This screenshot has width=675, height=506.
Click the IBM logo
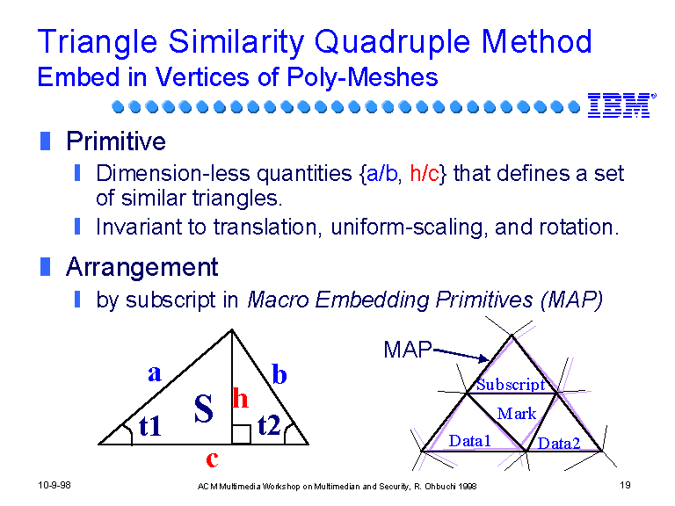coord(621,105)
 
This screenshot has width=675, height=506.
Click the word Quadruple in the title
coord(393,42)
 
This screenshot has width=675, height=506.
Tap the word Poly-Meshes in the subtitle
coord(362,77)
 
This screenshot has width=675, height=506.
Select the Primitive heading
coord(116,141)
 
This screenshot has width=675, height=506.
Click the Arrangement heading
coord(142,267)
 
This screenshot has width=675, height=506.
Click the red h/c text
coord(425,173)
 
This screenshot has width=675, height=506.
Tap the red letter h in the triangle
coord(240,398)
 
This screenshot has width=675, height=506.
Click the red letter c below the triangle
coord(212,459)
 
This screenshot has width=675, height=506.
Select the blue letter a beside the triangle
coord(155,373)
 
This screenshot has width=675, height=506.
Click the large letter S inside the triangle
coord(203,408)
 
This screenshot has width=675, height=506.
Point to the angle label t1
coord(149,426)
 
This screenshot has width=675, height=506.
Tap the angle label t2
coord(269,425)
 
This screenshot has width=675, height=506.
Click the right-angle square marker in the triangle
coord(241,435)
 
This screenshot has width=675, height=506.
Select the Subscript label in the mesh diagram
coord(511,385)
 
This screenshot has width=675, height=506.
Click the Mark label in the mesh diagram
coord(517,414)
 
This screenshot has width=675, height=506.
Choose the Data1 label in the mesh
coord(469,441)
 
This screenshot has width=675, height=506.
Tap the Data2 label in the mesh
coord(559,443)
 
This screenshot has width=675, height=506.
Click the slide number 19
coord(625,485)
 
